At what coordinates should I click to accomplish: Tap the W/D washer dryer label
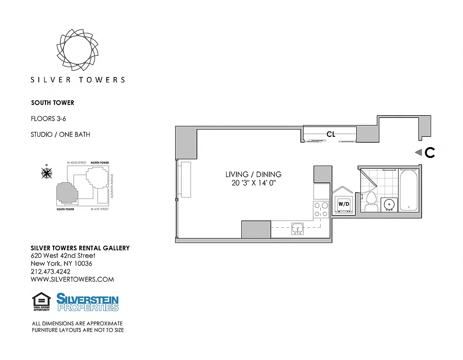coord(344,204)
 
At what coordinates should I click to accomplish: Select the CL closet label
coord(331,134)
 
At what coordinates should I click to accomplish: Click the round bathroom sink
coord(388,204)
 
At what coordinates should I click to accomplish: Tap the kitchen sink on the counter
coord(297,229)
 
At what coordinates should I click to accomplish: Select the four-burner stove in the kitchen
coord(321,210)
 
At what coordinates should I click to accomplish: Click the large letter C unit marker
coord(430,153)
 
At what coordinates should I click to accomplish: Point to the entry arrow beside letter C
coord(418,153)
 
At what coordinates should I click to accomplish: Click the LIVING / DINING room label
coord(253,174)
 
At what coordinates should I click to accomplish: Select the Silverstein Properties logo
coord(87,302)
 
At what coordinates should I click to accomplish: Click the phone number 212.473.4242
coord(50,271)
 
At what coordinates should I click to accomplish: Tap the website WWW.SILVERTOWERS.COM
coord(72,279)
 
